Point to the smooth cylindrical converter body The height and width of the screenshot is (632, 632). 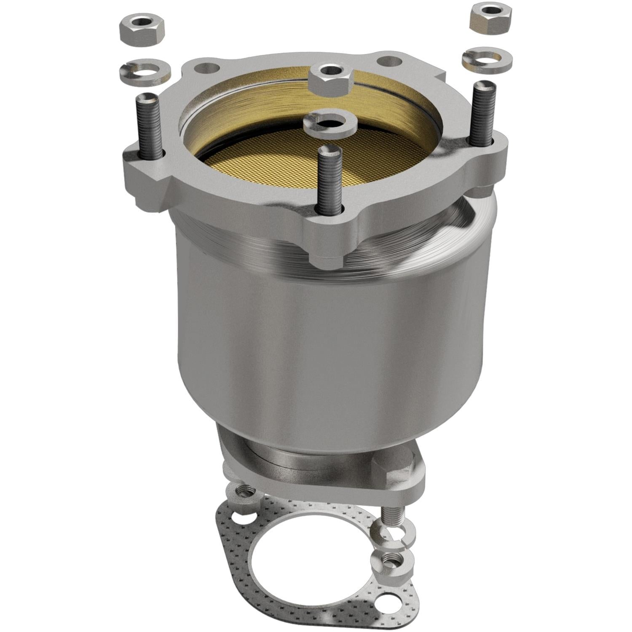click(329, 345)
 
